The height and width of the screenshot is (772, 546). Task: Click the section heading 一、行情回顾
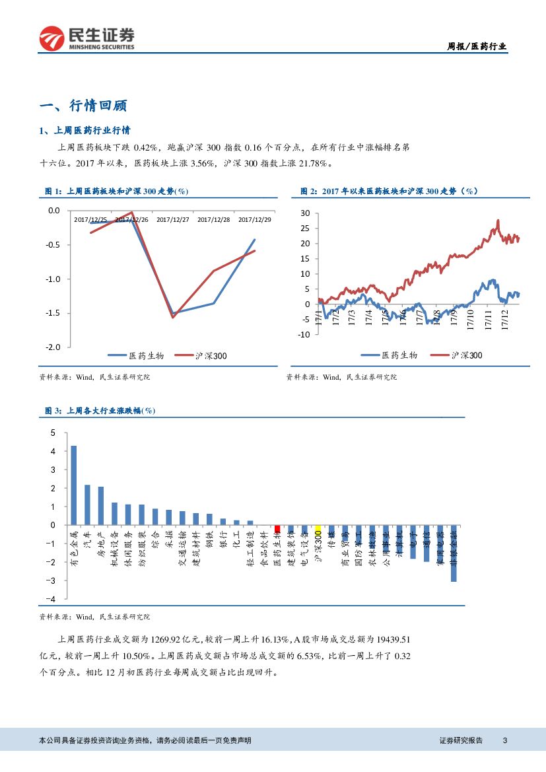tap(83, 106)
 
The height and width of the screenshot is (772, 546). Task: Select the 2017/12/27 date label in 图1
tap(173, 219)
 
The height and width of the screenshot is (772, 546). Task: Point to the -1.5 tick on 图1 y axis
tap(51, 313)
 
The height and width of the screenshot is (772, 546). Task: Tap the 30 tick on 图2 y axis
tap(305, 213)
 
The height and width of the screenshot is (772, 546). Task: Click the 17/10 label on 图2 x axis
tap(471, 320)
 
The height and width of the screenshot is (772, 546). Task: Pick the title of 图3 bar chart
tap(100, 410)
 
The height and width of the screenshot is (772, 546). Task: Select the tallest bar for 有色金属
tap(73, 485)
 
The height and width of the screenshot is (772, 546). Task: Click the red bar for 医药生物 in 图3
tap(277, 528)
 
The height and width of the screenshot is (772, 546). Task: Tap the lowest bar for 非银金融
tap(454, 553)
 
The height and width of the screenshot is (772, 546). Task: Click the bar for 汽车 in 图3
tap(87, 505)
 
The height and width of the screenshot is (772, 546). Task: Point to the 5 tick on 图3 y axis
tap(54, 433)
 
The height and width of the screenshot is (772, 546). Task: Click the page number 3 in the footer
tap(504, 740)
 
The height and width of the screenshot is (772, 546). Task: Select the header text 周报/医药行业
tap(477, 46)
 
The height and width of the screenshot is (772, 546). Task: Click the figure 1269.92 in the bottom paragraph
tap(168, 639)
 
